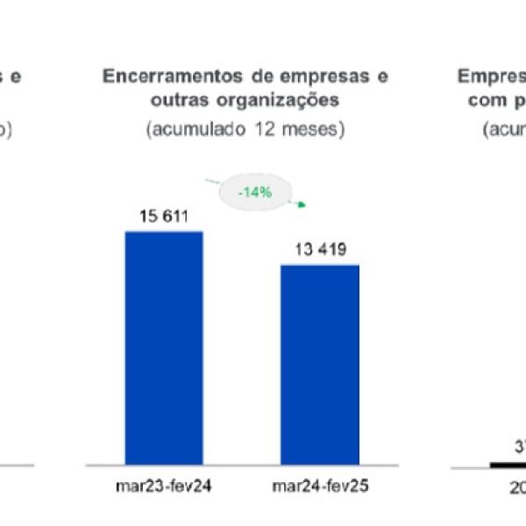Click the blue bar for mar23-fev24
click(x=164, y=347)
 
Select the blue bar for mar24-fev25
click(x=320, y=364)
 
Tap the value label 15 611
click(x=164, y=217)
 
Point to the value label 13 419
click(x=320, y=251)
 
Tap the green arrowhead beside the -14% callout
click(x=301, y=205)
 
